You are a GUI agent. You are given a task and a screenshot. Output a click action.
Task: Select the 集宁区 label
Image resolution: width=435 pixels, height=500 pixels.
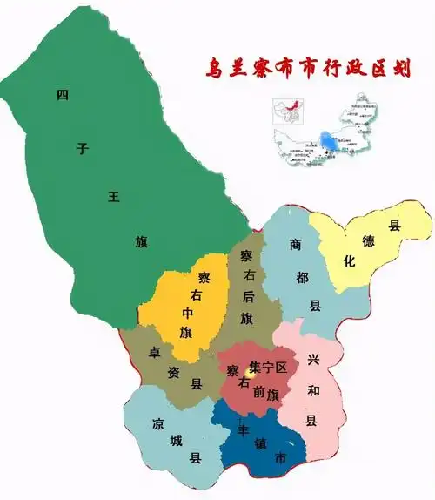(266, 368)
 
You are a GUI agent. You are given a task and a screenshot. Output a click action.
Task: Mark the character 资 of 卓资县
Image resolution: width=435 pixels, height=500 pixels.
(172, 368)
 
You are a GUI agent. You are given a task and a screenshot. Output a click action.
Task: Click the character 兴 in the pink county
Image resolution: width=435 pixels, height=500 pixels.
(312, 360)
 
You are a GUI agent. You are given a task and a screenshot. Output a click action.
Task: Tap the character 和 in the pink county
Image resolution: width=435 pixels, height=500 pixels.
(313, 390)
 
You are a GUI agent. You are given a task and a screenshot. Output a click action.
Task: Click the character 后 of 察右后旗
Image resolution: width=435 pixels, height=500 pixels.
(248, 296)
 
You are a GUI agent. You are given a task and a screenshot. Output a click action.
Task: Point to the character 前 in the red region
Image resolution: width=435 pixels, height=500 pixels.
(258, 393)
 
